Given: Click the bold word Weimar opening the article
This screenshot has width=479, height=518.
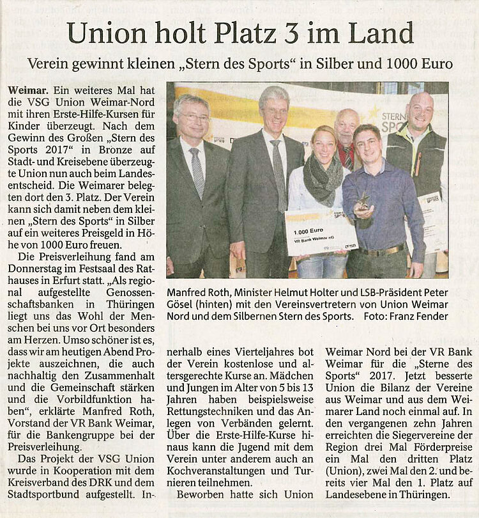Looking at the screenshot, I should point(29,91).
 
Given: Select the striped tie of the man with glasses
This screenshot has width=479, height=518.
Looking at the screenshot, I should point(197,171).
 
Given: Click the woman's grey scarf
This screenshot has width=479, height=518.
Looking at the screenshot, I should point(322,180).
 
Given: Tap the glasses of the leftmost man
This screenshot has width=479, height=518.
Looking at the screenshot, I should point(192,118).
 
